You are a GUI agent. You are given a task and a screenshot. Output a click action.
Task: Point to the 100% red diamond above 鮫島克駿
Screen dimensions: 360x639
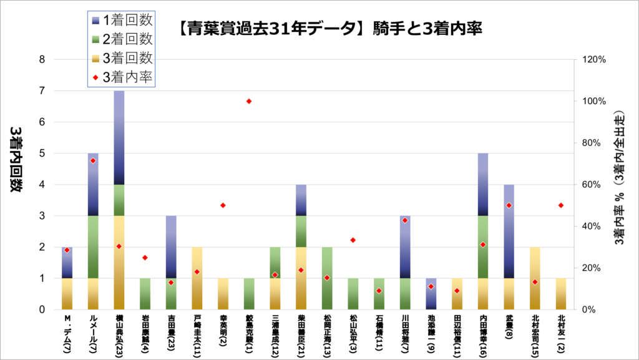tap(249, 101)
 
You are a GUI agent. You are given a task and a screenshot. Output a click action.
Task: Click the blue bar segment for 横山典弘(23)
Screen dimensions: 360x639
tap(119, 137)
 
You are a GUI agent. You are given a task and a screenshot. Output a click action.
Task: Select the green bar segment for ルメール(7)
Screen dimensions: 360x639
tap(92, 246)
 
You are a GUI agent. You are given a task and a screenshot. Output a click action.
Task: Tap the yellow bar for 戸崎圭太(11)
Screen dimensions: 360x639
tap(197, 278)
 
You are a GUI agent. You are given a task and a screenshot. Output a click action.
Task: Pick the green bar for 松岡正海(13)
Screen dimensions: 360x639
tap(327, 278)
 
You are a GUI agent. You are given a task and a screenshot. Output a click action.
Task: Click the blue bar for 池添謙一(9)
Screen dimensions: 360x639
tap(431, 293)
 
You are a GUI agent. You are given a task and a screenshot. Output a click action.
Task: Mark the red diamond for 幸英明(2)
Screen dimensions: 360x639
tap(223, 205)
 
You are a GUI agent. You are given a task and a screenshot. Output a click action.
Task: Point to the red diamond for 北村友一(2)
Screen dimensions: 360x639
tap(561, 205)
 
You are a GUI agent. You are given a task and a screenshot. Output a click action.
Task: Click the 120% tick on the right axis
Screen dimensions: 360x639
tap(593, 60)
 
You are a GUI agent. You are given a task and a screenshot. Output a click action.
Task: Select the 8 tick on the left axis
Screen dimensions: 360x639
tap(42, 60)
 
